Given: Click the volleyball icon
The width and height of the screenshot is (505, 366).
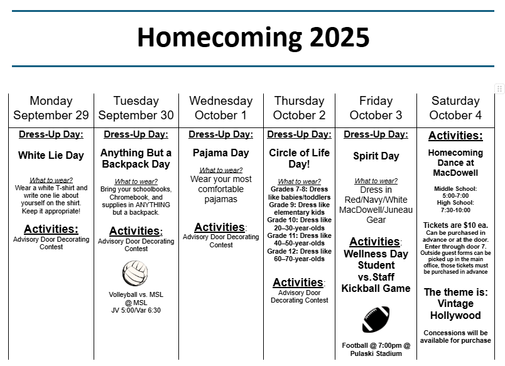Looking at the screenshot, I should [135, 273].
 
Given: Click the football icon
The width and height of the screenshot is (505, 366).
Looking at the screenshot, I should [376, 320].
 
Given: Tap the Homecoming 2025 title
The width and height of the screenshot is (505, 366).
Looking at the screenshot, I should [253, 38].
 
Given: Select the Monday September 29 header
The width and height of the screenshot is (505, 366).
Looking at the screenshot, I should [51, 108].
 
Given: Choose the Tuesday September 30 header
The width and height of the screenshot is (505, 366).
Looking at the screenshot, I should [136, 108].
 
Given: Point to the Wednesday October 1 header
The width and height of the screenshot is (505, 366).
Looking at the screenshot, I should [220, 108].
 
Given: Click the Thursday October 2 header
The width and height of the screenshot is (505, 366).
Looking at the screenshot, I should [299, 108].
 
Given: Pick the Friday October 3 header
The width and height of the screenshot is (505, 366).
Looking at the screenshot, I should [376, 108].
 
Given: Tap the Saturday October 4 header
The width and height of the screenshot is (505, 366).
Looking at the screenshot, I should [455, 108].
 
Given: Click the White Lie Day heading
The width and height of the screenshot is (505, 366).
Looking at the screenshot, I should [51, 155].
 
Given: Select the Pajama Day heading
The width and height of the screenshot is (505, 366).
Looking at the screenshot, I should [220, 153].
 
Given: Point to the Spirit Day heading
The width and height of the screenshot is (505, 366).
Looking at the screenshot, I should [376, 156].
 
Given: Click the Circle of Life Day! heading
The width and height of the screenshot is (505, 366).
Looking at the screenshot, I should [299, 158].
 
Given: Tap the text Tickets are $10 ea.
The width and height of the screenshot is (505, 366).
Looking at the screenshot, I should [455, 225].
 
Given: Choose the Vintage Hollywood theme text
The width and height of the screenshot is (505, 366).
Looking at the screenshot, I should [455, 309].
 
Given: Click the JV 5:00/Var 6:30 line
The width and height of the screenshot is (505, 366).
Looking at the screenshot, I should [135, 310].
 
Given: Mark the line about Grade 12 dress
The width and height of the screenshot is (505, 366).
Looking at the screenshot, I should [299, 254].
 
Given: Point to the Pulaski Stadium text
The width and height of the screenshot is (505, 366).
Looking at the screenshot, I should [377, 353].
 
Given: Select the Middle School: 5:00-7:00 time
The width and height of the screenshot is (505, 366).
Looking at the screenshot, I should [455, 192].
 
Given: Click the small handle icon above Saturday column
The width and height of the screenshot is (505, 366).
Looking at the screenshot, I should [500, 89].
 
